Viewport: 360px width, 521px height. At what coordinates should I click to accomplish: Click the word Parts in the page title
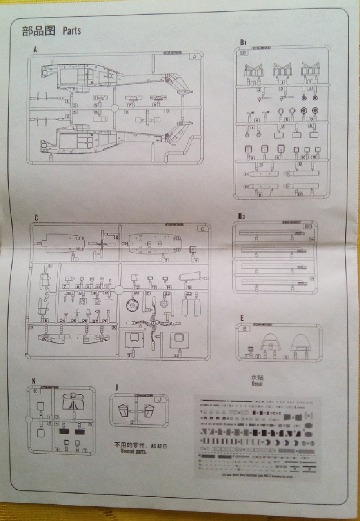(72, 30)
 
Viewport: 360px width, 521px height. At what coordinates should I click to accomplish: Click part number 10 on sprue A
(167, 111)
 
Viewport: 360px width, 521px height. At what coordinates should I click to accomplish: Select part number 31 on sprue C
(129, 355)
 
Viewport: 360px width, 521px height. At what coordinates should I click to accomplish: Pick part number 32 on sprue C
(176, 355)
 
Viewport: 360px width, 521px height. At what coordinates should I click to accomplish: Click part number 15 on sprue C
(189, 287)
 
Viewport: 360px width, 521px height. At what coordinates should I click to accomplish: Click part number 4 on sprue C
(196, 260)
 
